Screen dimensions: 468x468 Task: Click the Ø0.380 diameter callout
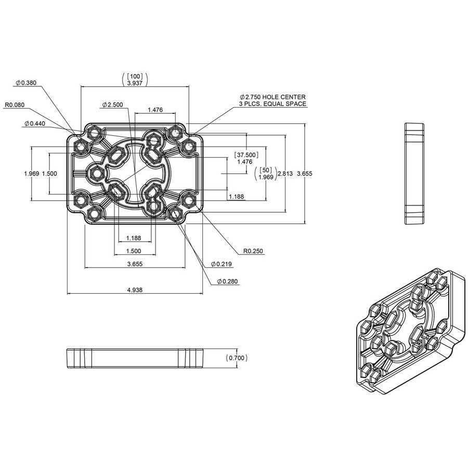coord(25,83)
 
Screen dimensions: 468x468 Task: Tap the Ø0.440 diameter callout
coord(34,124)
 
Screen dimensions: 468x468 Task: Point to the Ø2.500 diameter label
coord(112,105)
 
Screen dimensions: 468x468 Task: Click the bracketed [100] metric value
coord(135,76)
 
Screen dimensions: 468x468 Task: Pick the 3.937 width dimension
coord(135,83)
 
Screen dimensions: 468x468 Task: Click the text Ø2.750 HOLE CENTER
coord(272,97)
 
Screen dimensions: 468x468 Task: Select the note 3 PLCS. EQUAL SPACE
coord(272,105)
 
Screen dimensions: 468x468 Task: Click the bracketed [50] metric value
coord(266,170)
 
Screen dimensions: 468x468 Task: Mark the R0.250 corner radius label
coord(253,251)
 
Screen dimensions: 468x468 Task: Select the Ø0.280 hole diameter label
coord(227,281)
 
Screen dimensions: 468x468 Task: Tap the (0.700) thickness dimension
coord(237,358)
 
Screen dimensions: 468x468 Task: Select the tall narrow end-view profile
coord(414,174)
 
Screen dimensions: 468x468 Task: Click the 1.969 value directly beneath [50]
coord(266,177)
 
